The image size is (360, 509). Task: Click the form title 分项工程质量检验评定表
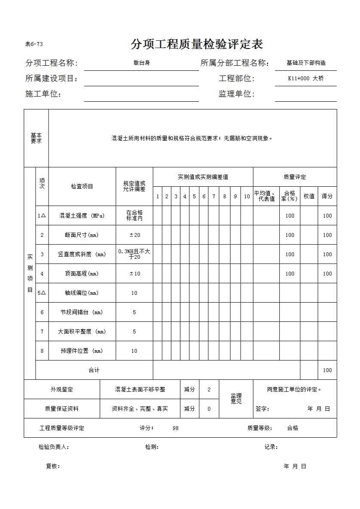pyautogui.click(x=197, y=44)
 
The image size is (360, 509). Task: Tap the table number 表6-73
pyautogui.click(x=34, y=44)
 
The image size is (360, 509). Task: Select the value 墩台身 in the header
pyautogui.click(x=141, y=63)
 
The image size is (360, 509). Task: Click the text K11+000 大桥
pyautogui.click(x=306, y=79)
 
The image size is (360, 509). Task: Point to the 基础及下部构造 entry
pyautogui.click(x=306, y=63)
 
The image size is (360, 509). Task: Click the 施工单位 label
pyautogui.click(x=43, y=94)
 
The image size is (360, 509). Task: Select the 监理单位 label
pyautogui.click(x=236, y=94)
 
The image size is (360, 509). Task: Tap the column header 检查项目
pyautogui.click(x=82, y=186)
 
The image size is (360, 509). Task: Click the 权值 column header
pyautogui.click(x=309, y=196)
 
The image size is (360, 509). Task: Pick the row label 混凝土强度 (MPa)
pyautogui.click(x=82, y=216)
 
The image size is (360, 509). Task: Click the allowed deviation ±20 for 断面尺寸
pyautogui.click(x=134, y=235)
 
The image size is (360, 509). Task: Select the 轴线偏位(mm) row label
pyautogui.click(x=82, y=293)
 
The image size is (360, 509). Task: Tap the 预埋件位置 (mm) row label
pyautogui.click(x=82, y=351)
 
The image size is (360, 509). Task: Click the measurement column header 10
pyautogui.click(x=247, y=197)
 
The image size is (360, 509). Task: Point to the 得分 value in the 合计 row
pyautogui.click(x=327, y=370)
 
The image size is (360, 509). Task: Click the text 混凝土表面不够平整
pyautogui.click(x=140, y=390)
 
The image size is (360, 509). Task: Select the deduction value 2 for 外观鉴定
pyautogui.click(x=209, y=390)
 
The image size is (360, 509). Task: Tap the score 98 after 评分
pyautogui.click(x=176, y=428)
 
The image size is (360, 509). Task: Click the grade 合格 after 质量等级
pyautogui.click(x=293, y=428)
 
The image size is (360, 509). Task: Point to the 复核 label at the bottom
pyautogui.click(x=53, y=467)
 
